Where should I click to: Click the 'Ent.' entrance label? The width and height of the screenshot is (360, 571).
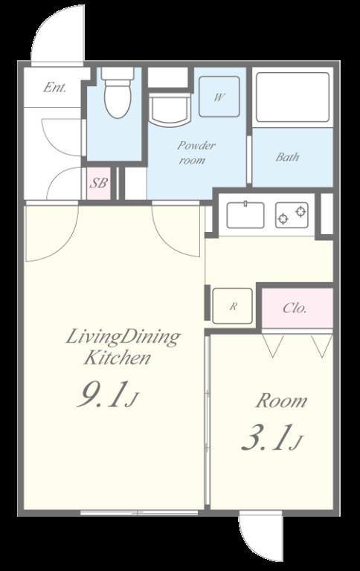(x=54, y=88)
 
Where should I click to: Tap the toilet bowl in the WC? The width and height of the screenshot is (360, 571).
(x=118, y=100)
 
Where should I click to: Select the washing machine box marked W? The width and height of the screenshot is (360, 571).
(x=219, y=96)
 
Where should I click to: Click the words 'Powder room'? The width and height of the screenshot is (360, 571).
(x=196, y=152)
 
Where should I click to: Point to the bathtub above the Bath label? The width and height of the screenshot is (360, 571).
(x=292, y=97)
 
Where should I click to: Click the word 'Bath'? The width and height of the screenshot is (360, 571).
(x=288, y=157)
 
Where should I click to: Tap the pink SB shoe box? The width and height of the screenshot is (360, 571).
(x=98, y=183)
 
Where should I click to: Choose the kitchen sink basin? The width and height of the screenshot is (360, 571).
(x=245, y=215)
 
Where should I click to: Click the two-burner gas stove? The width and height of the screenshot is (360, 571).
(x=292, y=215)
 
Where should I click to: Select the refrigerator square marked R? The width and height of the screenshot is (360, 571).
(x=233, y=306)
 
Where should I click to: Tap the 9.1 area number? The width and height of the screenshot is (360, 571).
(x=108, y=394)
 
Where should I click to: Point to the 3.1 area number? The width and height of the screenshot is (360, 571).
(x=271, y=437)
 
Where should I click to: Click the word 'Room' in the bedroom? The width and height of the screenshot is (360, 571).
(x=281, y=401)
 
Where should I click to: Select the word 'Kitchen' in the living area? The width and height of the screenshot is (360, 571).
(x=117, y=358)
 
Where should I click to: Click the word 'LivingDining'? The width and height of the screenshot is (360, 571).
(x=123, y=338)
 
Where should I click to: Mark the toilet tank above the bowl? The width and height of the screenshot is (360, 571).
(x=118, y=74)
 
